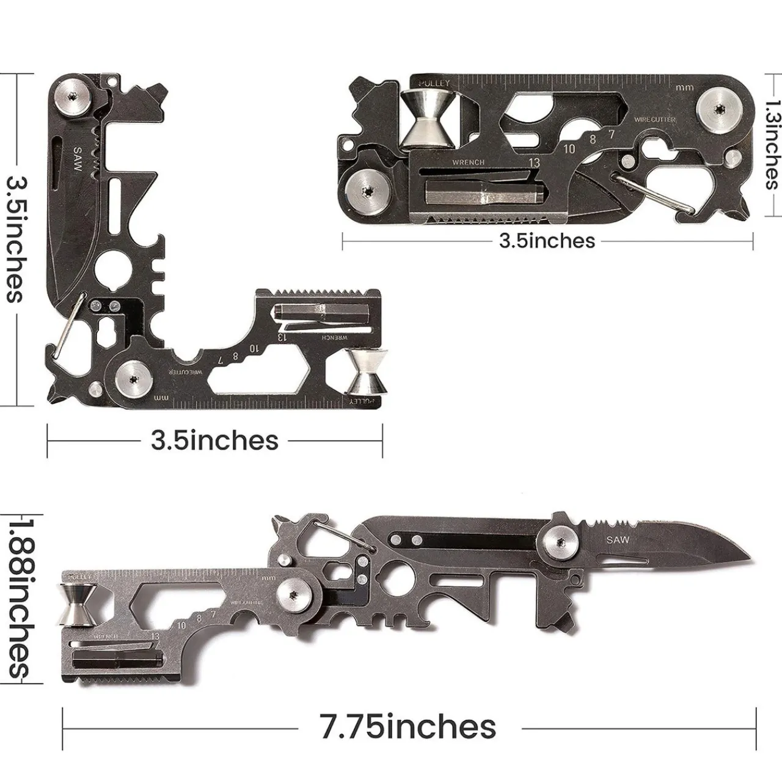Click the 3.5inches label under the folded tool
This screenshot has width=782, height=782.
[x=547, y=241]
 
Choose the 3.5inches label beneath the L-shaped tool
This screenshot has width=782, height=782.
[x=214, y=440]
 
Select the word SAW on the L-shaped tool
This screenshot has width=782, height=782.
[x=78, y=160]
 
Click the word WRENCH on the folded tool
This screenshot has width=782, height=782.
[x=468, y=163]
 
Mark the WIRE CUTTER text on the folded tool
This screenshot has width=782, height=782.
[x=655, y=120]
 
